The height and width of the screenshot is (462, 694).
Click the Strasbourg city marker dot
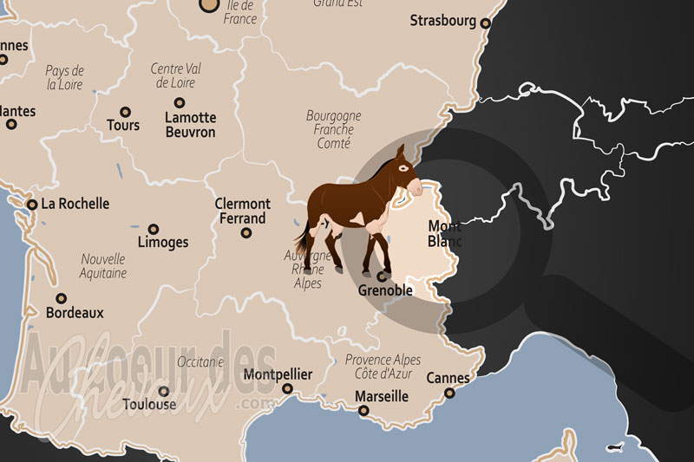point(486,24)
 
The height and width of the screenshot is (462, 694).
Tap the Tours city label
point(123,126)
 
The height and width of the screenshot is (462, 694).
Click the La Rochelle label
point(75,204)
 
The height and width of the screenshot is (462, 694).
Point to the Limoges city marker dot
point(154,229)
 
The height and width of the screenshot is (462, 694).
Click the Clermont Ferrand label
point(243,211)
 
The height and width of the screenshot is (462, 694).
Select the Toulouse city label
point(149,404)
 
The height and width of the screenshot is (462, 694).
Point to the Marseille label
point(382,396)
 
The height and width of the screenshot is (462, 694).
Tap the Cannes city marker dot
point(449,393)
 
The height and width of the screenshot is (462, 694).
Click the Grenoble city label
point(385,290)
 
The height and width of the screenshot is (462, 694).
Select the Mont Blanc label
point(445,234)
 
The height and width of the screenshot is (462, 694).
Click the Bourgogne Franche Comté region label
point(333,129)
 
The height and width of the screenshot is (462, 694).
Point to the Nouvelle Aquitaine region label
point(103,265)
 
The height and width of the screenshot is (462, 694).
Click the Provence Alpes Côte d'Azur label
point(383,366)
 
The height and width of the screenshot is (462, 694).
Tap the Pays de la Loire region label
point(64,78)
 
